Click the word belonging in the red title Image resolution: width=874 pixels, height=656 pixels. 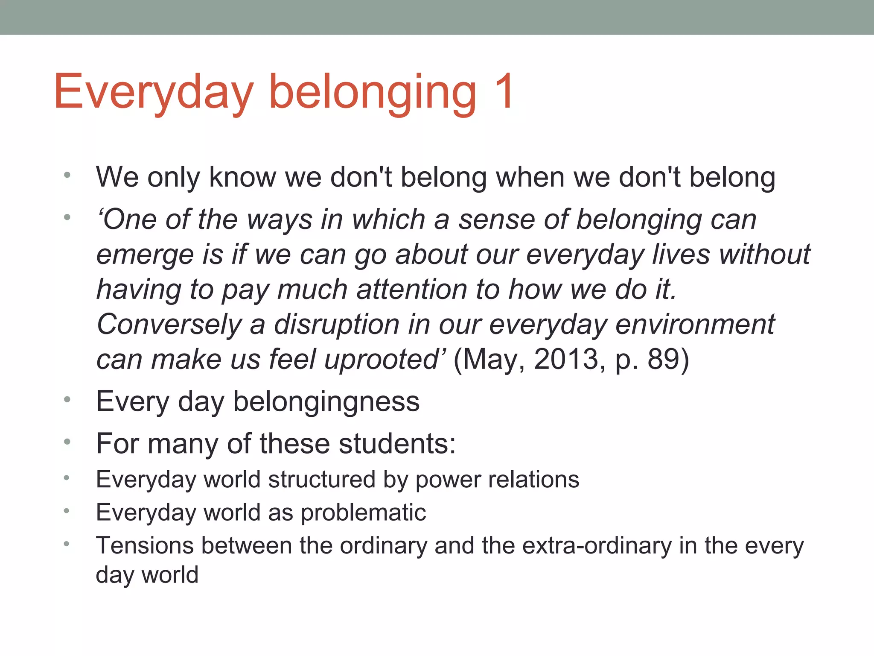click(372, 93)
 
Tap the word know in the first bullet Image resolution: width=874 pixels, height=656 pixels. click(242, 177)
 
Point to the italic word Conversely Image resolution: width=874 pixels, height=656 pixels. click(169, 325)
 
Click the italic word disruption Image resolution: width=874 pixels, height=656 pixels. click(336, 325)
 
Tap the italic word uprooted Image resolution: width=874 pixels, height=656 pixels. click(382, 360)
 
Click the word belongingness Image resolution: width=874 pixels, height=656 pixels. click(326, 402)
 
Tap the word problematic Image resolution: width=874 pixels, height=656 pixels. click(363, 512)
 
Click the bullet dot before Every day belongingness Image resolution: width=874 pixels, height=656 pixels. click(67, 400)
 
